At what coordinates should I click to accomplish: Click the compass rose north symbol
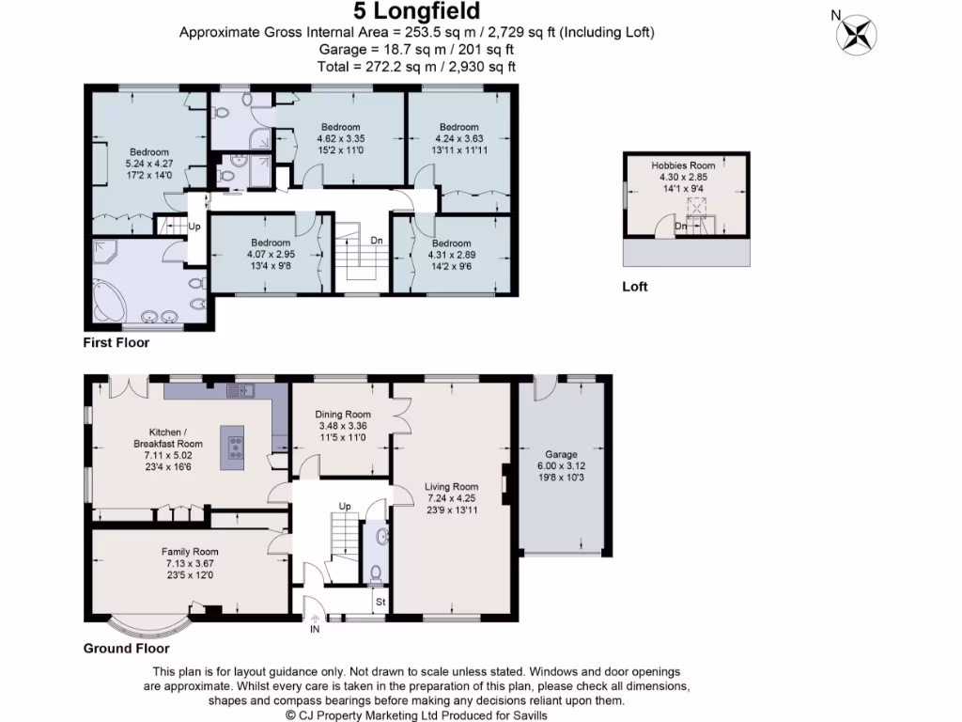pyautogui.click(x=857, y=35)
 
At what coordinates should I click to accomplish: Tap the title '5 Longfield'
pyautogui.click(x=416, y=11)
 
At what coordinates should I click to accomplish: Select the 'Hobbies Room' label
pyautogui.click(x=683, y=165)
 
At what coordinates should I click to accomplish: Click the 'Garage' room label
pyautogui.click(x=561, y=454)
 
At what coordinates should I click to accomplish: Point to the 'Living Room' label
pyautogui.click(x=451, y=487)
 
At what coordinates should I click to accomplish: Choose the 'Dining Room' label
pyautogui.click(x=342, y=415)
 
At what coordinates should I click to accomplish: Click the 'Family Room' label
pyautogui.click(x=190, y=552)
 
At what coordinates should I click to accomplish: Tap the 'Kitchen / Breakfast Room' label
pyautogui.click(x=167, y=438)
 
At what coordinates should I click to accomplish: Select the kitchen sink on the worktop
pyautogui.click(x=241, y=390)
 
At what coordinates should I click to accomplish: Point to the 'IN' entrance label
pyautogui.click(x=315, y=629)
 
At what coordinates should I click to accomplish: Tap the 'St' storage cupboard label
pyautogui.click(x=380, y=602)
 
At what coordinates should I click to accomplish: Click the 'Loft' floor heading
pyautogui.click(x=634, y=287)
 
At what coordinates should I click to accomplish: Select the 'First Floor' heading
pyautogui.click(x=116, y=342)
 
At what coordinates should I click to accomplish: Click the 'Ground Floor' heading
pyautogui.click(x=127, y=649)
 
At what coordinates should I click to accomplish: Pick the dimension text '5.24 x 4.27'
pyautogui.click(x=149, y=164)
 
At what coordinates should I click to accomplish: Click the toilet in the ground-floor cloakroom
pyautogui.click(x=376, y=573)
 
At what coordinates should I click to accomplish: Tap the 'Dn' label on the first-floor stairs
pyautogui.click(x=376, y=240)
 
